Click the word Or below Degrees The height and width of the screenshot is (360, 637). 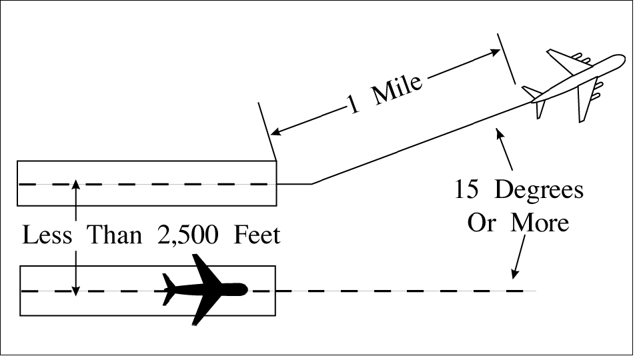point(481,223)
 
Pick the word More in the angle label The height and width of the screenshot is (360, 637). point(540,223)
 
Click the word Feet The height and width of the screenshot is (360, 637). point(256,235)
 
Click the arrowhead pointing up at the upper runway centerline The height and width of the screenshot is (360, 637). point(77,185)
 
